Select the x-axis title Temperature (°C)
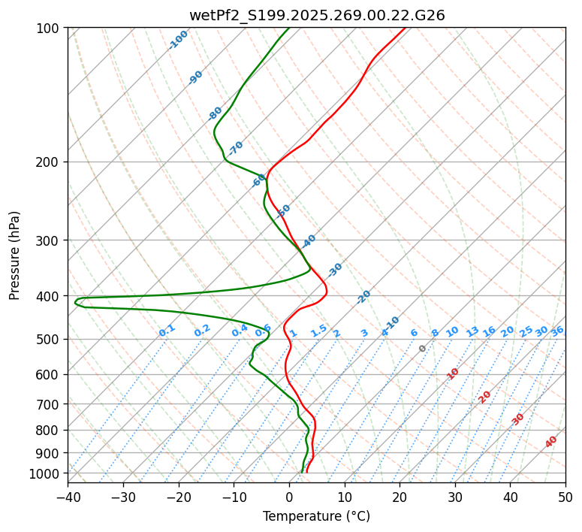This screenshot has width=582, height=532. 316,517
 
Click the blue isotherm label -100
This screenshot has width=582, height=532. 179,39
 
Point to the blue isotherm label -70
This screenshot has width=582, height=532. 237,147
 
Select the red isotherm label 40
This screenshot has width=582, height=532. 551,442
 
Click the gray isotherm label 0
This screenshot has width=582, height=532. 423,349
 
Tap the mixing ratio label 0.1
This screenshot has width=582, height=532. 167,331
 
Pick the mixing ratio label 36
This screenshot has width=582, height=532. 557,331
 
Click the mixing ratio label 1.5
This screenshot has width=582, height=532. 318,331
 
